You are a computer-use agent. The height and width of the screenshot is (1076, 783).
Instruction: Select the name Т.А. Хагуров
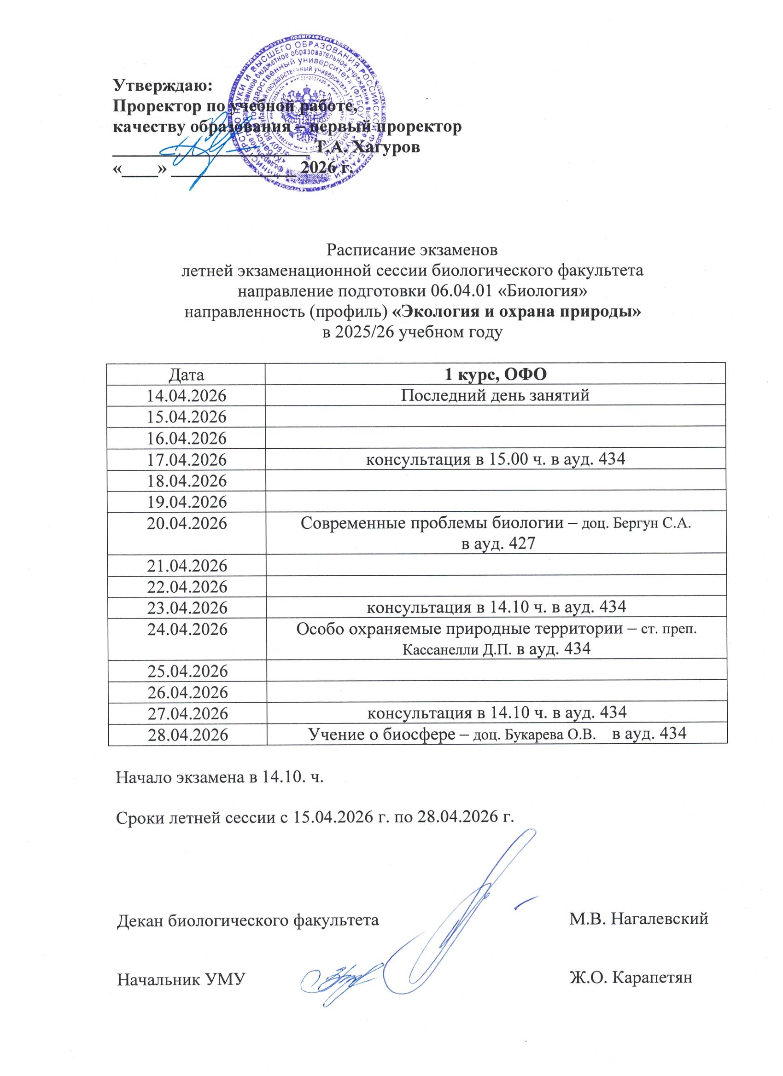(368, 147)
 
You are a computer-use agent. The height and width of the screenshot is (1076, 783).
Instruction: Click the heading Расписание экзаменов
(412, 249)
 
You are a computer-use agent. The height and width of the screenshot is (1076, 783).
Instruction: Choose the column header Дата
(186, 375)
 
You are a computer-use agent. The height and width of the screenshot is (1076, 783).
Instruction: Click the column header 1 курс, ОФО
(495, 375)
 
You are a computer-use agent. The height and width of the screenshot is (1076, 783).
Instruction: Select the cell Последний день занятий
(495, 395)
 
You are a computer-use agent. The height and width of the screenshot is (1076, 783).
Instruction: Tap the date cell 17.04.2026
(186, 460)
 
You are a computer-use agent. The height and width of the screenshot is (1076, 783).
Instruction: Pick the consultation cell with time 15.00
(495, 459)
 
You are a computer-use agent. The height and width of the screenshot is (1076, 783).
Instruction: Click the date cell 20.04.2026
(186, 523)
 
